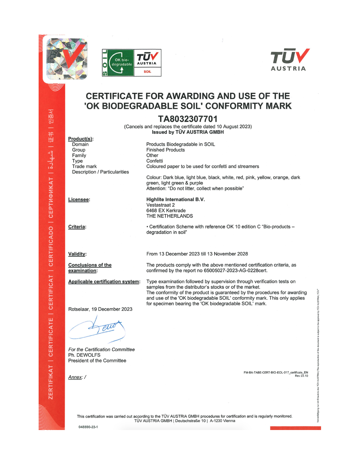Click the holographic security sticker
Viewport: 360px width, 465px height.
click(x=67, y=59)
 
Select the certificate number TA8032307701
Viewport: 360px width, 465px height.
click(x=188, y=119)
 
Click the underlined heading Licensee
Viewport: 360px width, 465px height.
click(x=79, y=199)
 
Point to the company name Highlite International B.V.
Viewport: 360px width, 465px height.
click(x=175, y=199)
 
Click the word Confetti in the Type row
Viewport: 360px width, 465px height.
click(x=154, y=161)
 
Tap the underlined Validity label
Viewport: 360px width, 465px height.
click(x=77, y=254)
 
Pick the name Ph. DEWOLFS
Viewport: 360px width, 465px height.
click(x=84, y=355)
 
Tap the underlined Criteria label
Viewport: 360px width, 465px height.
click(x=77, y=227)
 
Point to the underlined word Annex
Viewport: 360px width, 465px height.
click(x=75, y=377)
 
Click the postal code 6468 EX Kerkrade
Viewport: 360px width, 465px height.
click(x=166, y=211)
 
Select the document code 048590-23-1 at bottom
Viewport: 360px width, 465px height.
click(x=88, y=427)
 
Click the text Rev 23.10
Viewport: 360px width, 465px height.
click(x=301, y=376)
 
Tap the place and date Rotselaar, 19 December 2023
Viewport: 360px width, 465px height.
click(x=100, y=309)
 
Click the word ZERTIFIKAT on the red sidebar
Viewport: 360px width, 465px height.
click(x=51, y=382)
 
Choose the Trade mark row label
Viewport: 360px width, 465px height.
click(x=84, y=166)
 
